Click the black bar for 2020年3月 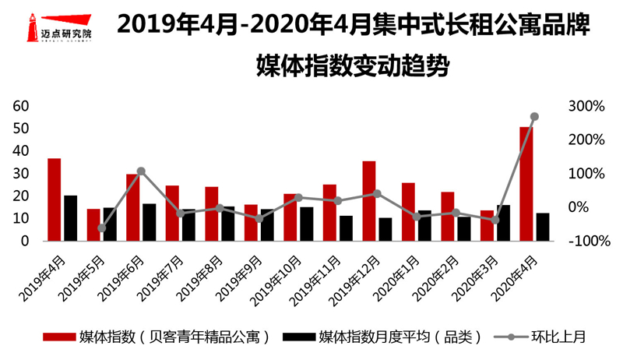click(x=503, y=223)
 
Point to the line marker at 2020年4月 click(x=534, y=117)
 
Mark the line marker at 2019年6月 click(x=141, y=171)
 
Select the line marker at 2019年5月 click(x=101, y=228)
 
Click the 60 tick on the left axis click(x=21, y=106)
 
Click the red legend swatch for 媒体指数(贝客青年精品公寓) click(x=58, y=337)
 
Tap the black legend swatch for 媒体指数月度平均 click(x=299, y=337)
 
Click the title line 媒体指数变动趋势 click(x=354, y=65)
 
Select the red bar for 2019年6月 click(x=133, y=207)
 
